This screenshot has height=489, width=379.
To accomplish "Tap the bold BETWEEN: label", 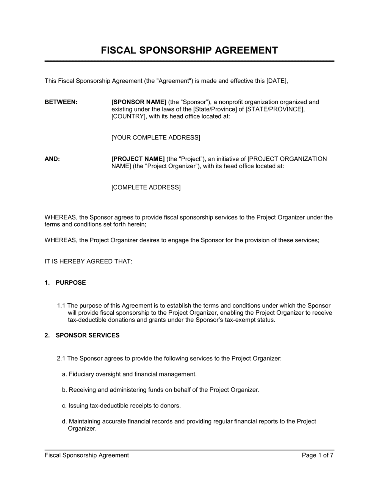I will pos(61,102).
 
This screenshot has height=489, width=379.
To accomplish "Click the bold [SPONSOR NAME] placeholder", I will pos(139,102).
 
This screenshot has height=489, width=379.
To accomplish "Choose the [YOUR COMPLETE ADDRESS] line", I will pos(155,137).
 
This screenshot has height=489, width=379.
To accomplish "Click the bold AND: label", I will pos(52,159).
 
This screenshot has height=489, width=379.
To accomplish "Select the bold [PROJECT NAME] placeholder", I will pos(138,159).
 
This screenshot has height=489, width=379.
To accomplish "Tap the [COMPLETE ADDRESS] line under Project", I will pos(146,187).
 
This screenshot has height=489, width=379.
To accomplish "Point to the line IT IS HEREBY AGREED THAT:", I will pos(88,261).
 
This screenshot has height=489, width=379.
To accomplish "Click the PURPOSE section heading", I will pos(71,282).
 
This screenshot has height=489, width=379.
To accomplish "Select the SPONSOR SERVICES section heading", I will pos(88,335).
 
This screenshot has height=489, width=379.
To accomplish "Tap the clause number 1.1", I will pos(61,306).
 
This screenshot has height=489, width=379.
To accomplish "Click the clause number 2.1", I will pos(61,358).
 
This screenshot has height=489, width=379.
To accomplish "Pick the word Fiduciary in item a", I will pos(81,374).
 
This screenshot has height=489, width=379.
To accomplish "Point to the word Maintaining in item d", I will pos(85,421).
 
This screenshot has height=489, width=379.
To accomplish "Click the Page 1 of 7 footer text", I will pos(318,455).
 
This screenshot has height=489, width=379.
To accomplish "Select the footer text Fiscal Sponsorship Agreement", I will pos(87,455).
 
